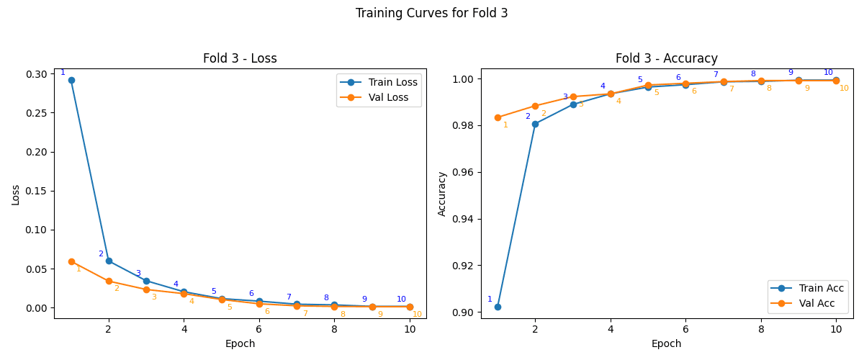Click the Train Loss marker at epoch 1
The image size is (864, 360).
click(x=71, y=80)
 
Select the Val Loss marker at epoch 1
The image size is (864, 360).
click(x=71, y=261)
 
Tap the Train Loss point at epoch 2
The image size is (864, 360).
click(x=109, y=261)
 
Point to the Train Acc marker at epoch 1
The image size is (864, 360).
click(x=498, y=307)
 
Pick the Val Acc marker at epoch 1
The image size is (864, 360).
click(x=498, y=117)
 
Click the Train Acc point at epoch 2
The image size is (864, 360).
click(x=535, y=124)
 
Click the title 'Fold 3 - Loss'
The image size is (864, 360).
click(x=240, y=59)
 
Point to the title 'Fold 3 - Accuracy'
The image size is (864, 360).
click(x=666, y=59)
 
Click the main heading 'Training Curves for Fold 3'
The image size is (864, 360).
click(x=431, y=13)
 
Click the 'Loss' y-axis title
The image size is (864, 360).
click(x=16, y=194)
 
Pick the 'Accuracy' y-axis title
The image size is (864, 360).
click(x=442, y=194)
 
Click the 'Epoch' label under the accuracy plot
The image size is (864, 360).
click(x=666, y=343)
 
